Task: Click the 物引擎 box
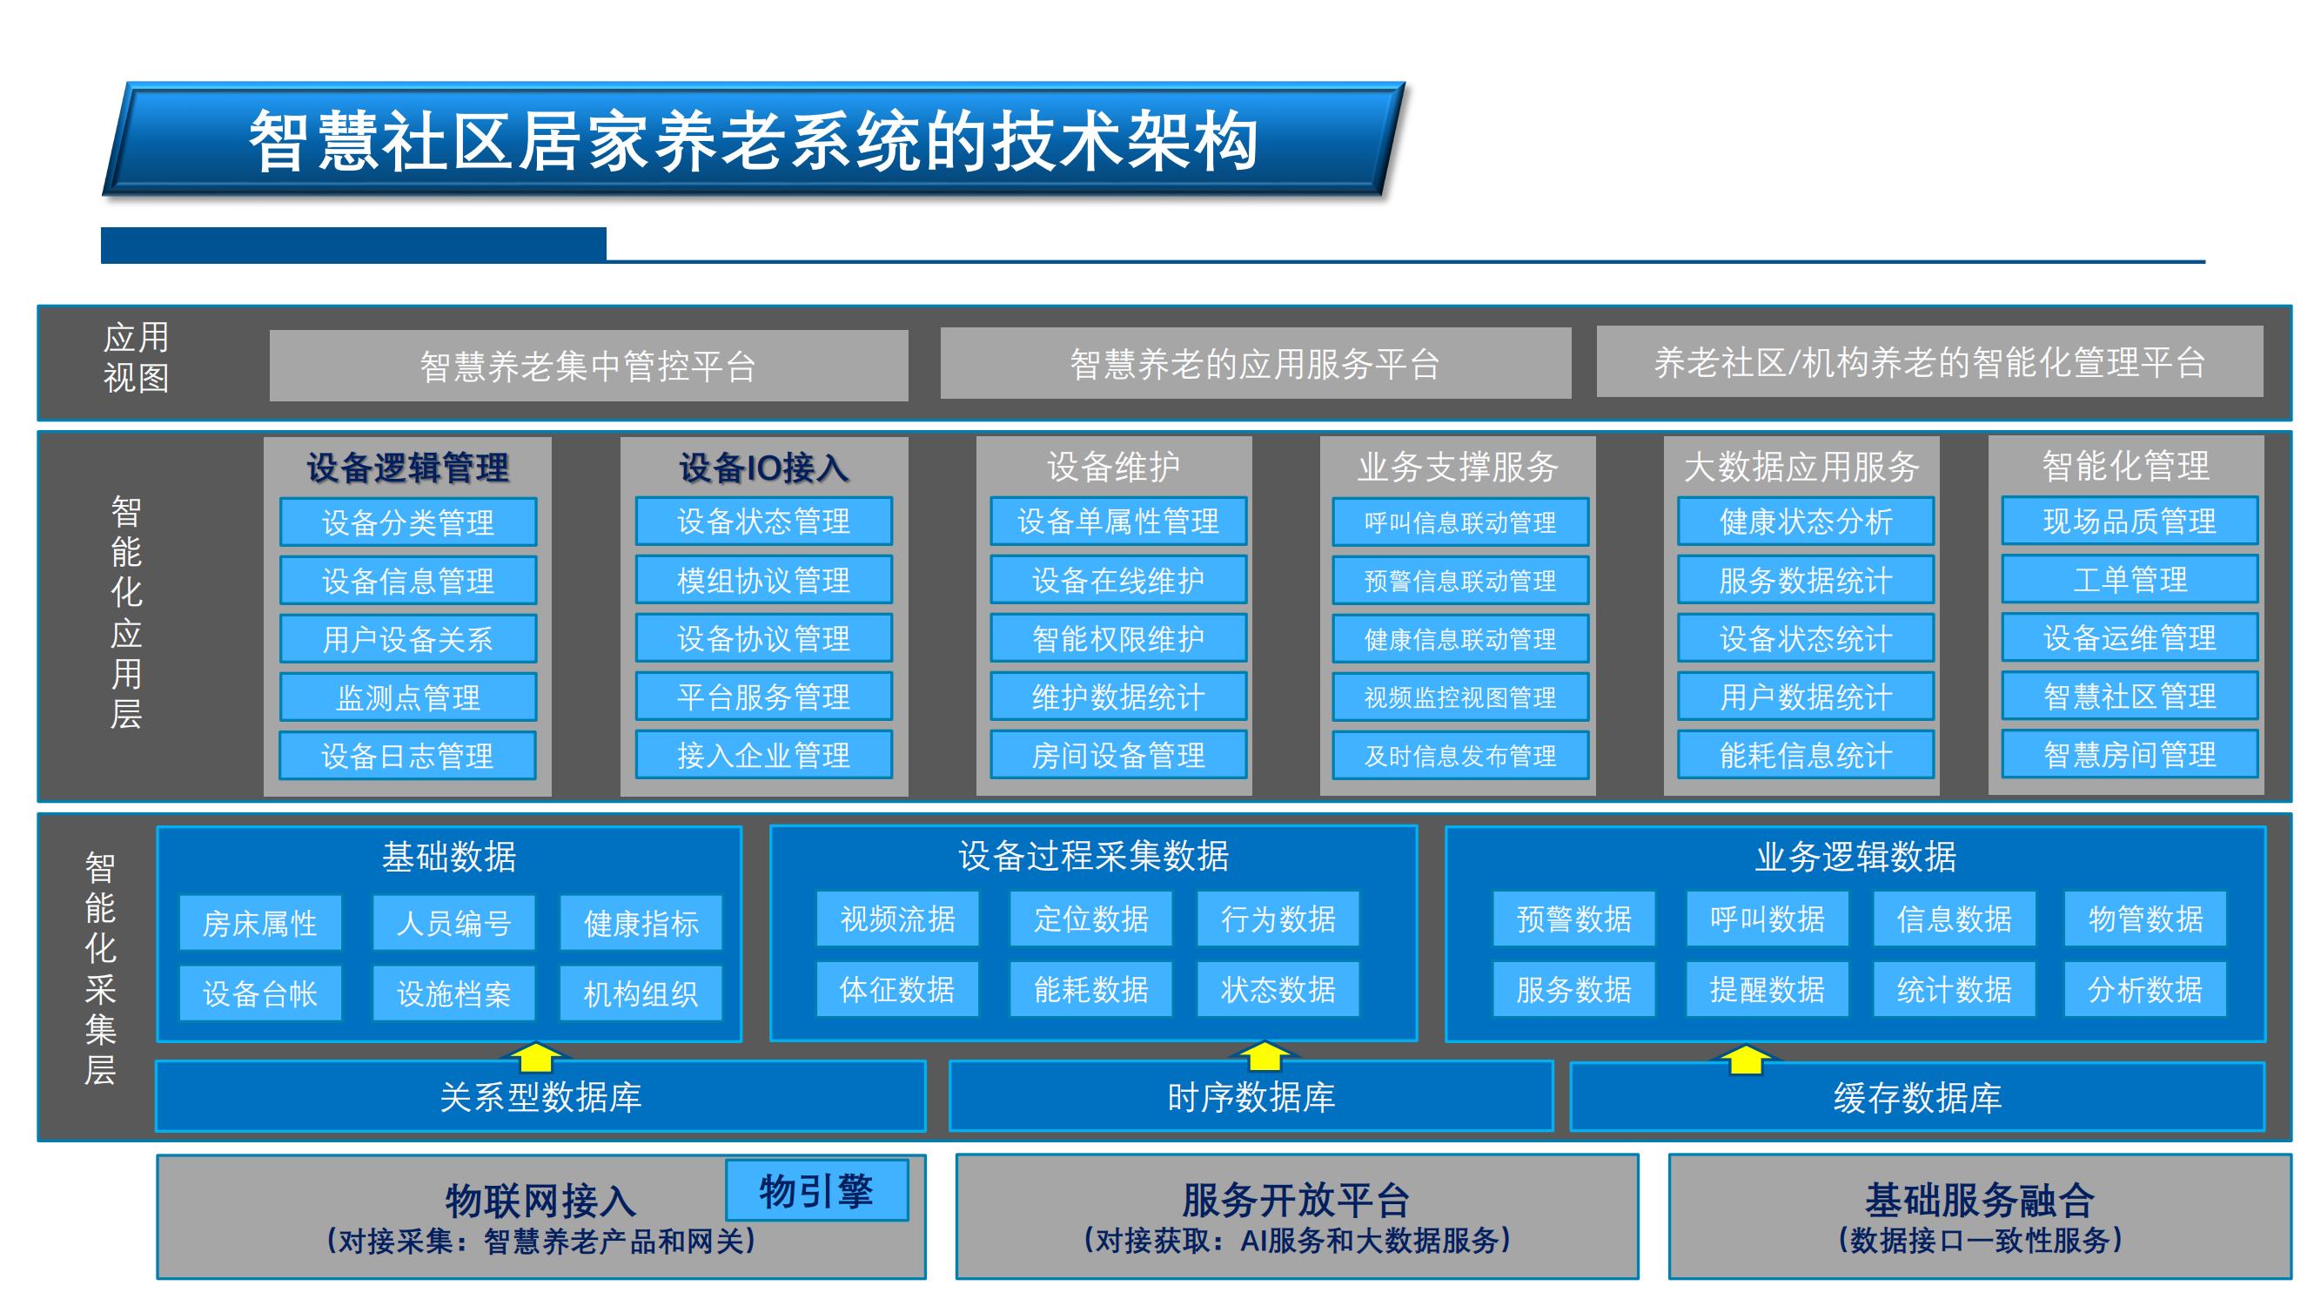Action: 816,1190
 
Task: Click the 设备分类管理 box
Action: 408,522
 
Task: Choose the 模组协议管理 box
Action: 764,580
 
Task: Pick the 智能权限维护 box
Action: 1118,638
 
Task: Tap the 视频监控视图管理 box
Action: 1460,697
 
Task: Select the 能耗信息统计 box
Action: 1806,755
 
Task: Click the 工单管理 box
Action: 2130,579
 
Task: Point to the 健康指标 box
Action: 641,923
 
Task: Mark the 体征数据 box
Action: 897,989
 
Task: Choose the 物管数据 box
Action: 2145,919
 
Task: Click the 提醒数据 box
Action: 1768,989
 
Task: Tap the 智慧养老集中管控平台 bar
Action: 588,365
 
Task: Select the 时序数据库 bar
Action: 1251,1097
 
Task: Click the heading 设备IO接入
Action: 764,468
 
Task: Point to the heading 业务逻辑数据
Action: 1856,856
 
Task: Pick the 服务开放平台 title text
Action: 1297,1200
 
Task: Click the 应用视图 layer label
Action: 136,357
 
